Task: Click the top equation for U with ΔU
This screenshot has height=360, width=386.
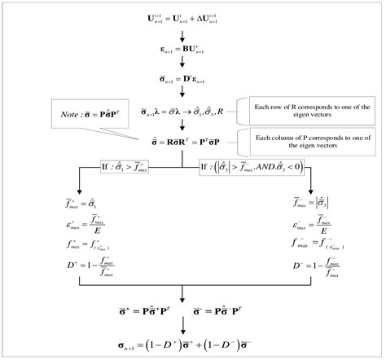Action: coord(192,16)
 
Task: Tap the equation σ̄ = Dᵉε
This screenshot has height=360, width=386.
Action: coord(192,80)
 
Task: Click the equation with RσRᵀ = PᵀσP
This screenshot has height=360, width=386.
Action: coord(192,142)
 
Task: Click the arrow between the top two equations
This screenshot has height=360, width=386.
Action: coord(193,33)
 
